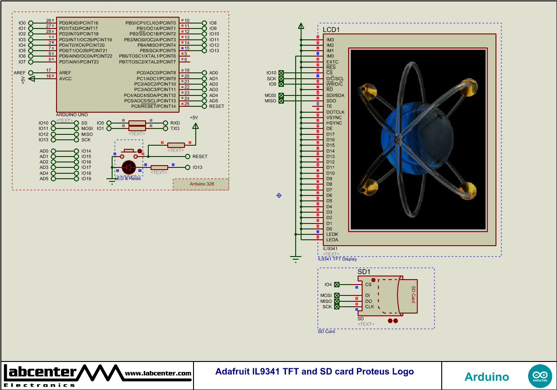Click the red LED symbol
[x=129, y=167]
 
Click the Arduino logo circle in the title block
[x=540, y=376]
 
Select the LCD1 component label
[x=331, y=30]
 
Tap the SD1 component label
[x=364, y=272]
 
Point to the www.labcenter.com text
[x=158, y=373]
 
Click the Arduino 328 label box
[x=201, y=184]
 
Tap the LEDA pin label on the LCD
[x=332, y=240]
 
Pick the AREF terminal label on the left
[x=19, y=73]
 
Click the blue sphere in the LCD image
[x=407, y=136]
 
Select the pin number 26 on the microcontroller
[x=48, y=21]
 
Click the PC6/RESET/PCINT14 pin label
[x=153, y=106]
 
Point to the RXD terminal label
[x=175, y=123]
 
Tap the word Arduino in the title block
[x=486, y=377]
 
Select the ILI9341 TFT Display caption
[x=337, y=259]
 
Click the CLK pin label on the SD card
[x=369, y=307]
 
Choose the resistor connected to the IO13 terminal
[x=159, y=167]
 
